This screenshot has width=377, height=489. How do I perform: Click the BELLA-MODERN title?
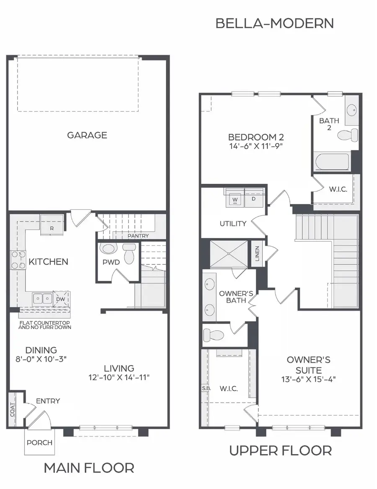coord(274,23)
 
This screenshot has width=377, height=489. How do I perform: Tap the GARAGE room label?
coord(87,135)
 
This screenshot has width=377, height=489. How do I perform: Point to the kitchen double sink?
coord(43,298)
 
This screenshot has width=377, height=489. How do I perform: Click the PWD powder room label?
coord(111,262)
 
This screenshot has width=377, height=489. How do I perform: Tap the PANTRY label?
coord(138,236)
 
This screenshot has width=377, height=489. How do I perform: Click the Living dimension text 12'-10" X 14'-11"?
coord(119,377)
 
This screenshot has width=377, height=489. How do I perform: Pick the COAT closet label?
coord(12,410)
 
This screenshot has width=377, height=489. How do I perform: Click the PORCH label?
coord(39,443)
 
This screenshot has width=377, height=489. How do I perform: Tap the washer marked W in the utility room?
coord(235,199)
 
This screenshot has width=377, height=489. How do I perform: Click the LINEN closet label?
coord(257,252)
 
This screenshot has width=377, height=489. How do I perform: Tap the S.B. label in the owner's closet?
coord(206,388)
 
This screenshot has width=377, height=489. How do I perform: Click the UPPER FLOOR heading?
coord(280,451)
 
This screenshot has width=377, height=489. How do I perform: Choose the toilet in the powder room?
coord(129,254)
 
